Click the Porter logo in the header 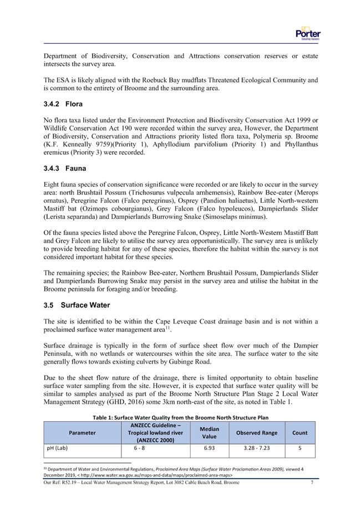pyautogui.click(x=308, y=33)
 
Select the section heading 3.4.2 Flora pyautogui.click(x=63, y=104)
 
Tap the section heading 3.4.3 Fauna pyautogui.click(x=64, y=167)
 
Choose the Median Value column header pyautogui.click(x=209, y=433)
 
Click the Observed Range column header pyautogui.click(x=257, y=433)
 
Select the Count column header pyautogui.click(x=300, y=433)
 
